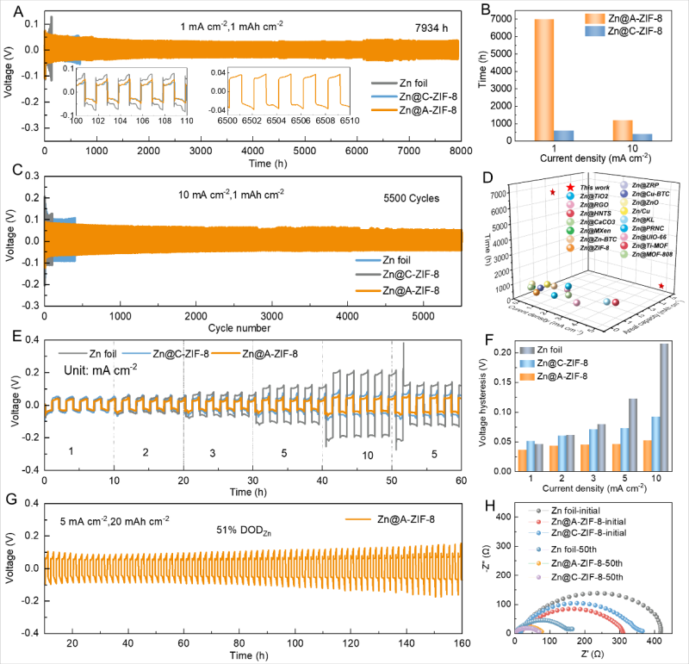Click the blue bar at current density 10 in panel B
(x=642, y=137)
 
